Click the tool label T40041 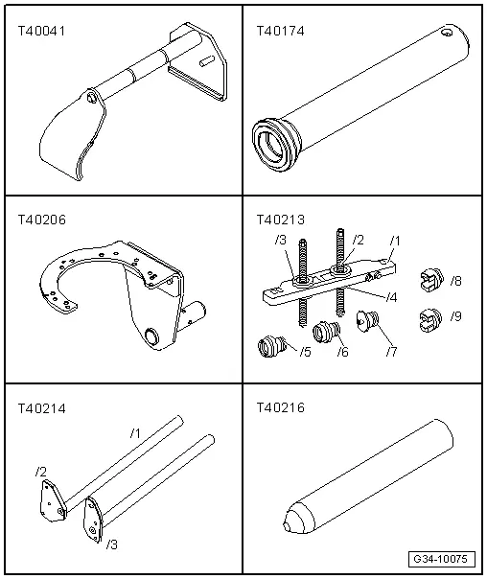(x=41, y=31)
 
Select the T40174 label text (x=280, y=31)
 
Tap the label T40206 (x=42, y=220)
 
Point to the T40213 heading (x=281, y=220)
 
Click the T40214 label (x=42, y=408)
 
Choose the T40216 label (x=281, y=408)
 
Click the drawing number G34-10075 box (x=442, y=559)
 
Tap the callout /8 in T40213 (x=456, y=282)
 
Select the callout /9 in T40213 (x=456, y=316)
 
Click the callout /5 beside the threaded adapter (x=306, y=352)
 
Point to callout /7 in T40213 (x=392, y=352)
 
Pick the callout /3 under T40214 (x=112, y=544)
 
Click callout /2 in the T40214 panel (x=41, y=472)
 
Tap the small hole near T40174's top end (x=447, y=33)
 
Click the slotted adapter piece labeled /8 (x=431, y=280)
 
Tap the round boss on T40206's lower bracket (x=151, y=336)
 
